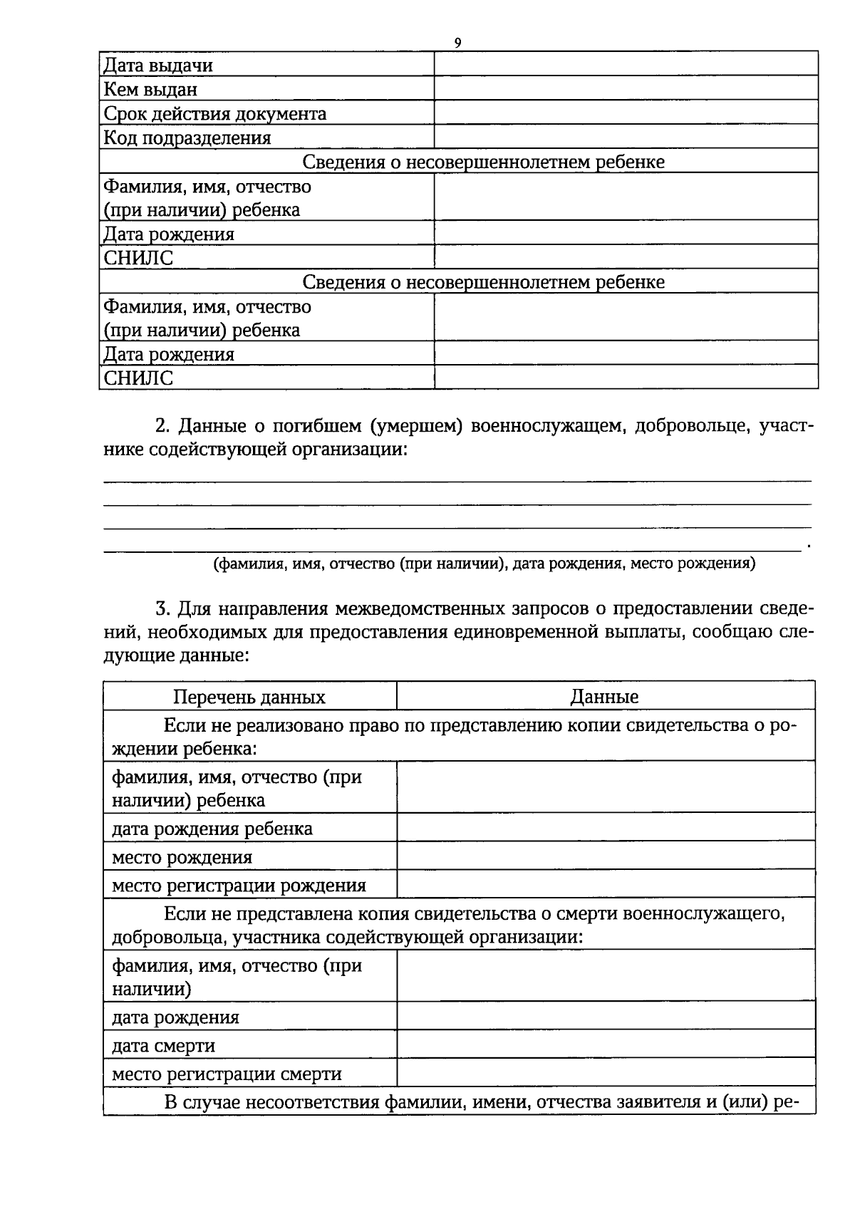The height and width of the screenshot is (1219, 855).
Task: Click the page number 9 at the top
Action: point(458,43)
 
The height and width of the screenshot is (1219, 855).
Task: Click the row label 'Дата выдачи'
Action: point(158,66)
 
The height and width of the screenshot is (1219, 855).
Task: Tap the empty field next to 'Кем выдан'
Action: point(626,89)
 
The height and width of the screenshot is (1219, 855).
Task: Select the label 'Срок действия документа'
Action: point(215,114)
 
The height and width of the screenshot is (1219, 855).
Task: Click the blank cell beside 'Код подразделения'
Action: point(626,137)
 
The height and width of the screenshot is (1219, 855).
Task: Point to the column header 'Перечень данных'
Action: point(249,697)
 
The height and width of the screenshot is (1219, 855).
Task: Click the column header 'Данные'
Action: point(604,697)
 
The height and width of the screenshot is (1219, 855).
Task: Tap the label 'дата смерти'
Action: point(163,1046)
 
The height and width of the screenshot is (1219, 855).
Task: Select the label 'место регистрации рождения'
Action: point(239,886)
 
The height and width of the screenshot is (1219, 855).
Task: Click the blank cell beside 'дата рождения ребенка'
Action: point(606,828)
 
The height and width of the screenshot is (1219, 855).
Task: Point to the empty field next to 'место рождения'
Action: point(606,856)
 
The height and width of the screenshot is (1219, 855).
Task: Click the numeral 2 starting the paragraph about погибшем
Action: point(160,426)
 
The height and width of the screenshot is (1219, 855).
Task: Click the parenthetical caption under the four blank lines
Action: point(484,564)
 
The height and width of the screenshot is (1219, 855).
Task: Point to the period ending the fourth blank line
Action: point(808,546)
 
